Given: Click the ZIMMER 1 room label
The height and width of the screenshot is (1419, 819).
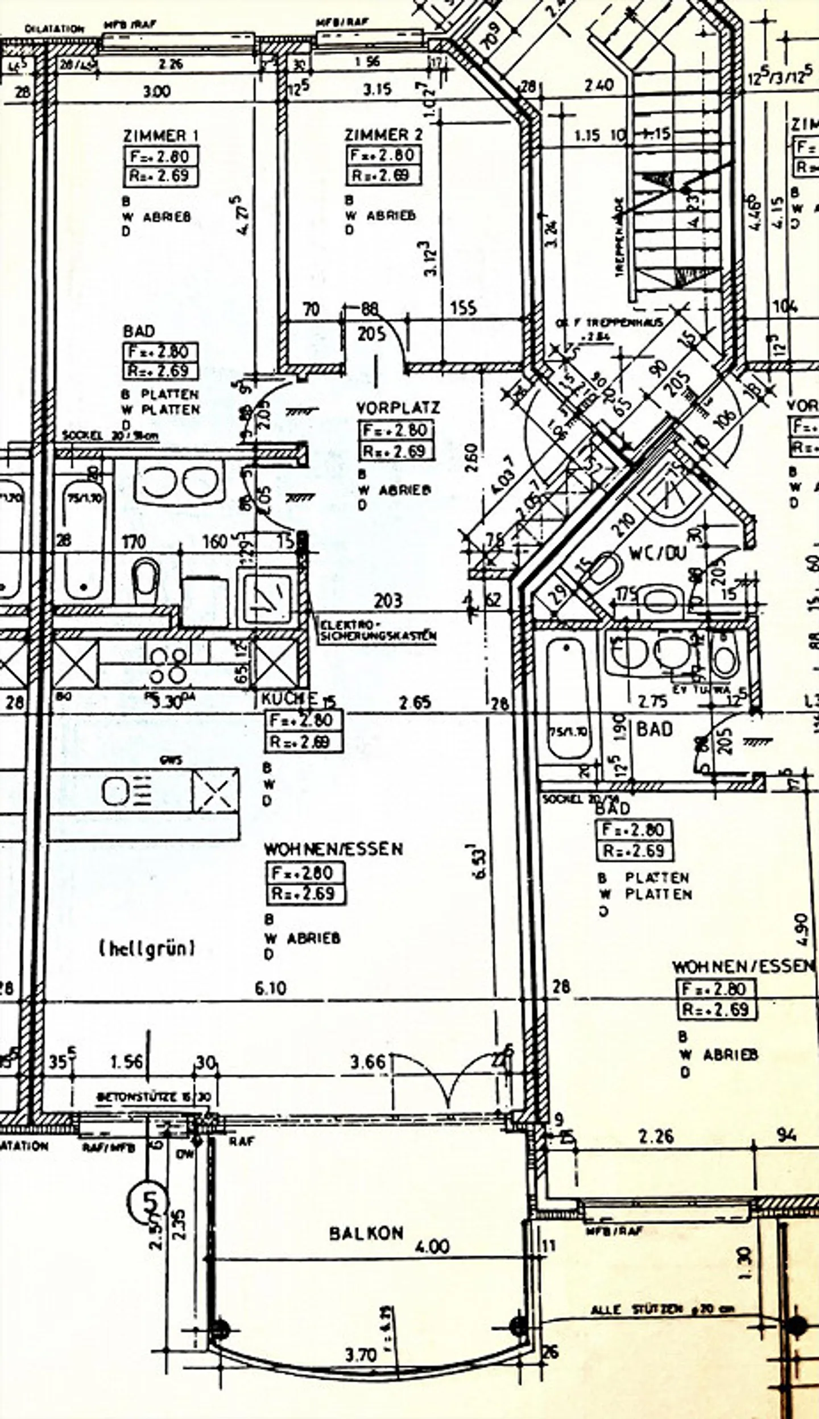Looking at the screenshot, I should [x=161, y=135].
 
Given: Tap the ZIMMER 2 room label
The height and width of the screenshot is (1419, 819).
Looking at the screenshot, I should [x=384, y=135].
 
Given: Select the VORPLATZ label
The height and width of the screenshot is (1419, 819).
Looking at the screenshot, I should [x=398, y=408].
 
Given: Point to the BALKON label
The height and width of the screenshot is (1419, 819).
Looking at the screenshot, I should [x=366, y=1234].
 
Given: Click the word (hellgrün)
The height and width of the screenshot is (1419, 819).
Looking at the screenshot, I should [x=148, y=948].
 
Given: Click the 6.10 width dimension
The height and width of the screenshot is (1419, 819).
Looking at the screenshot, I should [x=271, y=988].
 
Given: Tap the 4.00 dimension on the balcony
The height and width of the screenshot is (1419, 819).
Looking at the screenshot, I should [x=432, y=1247].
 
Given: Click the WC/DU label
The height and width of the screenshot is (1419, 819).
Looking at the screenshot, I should [x=658, y=552].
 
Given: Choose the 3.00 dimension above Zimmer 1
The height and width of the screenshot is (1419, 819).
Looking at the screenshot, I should [x=156, y=91].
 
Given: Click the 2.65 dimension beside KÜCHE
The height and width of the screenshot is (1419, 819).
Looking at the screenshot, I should [x=415, y=702].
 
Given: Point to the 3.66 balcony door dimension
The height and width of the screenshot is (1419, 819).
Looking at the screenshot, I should [x=367, y=1062].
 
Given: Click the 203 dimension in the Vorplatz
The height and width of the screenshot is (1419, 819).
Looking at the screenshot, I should [x=388, y=600].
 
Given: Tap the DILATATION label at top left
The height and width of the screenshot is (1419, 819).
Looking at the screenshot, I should [x=55, y=28].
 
